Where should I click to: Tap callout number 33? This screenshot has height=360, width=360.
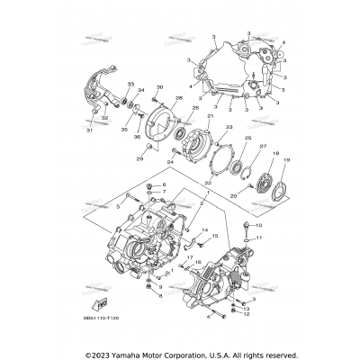point(130,84)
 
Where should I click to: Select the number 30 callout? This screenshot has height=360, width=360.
point(159,87)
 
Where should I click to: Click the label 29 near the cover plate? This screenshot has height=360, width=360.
point(139,159)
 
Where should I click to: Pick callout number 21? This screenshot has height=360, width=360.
point(211,116)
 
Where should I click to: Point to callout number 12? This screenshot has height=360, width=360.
point(246,313)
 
